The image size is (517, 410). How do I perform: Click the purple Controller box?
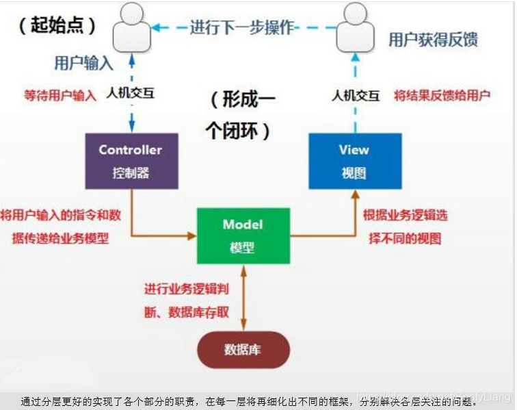tap(131, 161)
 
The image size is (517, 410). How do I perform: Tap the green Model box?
tap(242, 235)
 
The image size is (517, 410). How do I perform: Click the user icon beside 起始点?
tap(131, 27)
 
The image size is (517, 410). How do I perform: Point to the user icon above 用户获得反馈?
tap(355, 27)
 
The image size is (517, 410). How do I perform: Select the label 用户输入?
tap(83, 64)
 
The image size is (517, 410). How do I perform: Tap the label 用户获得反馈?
tap(433, 39)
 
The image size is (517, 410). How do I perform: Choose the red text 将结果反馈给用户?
tap(442, 95)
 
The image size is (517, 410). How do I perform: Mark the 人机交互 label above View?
tap(356, 95)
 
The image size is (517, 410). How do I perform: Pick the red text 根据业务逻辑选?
tap(406, 215)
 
